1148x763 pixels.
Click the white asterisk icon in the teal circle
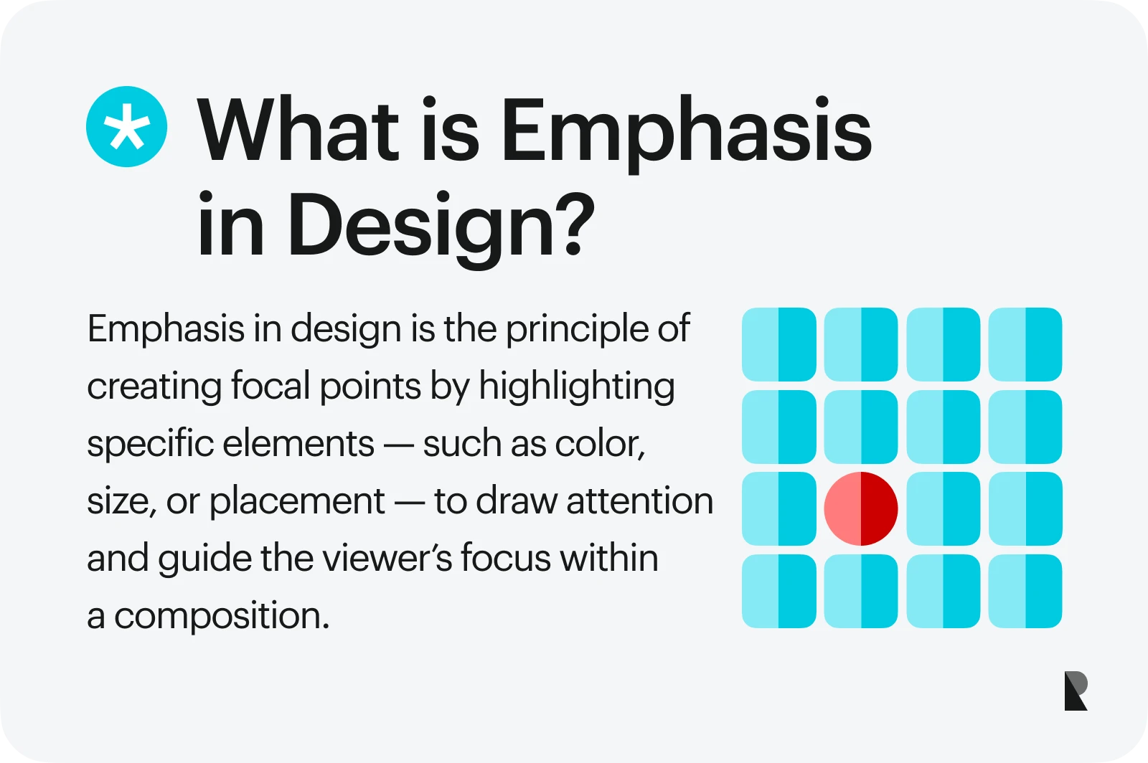127,127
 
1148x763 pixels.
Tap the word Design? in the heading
441,224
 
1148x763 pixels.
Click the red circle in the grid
861,508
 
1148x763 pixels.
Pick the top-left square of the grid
778,344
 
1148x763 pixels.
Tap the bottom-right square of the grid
1025,591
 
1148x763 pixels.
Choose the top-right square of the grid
1025,344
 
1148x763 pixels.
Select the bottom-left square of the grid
778,591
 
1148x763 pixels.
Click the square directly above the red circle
861,427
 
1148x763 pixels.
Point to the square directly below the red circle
861,591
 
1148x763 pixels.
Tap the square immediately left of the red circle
778,508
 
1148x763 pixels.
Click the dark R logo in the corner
1076,691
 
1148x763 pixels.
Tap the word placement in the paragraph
296,501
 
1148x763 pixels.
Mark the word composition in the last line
221,616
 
